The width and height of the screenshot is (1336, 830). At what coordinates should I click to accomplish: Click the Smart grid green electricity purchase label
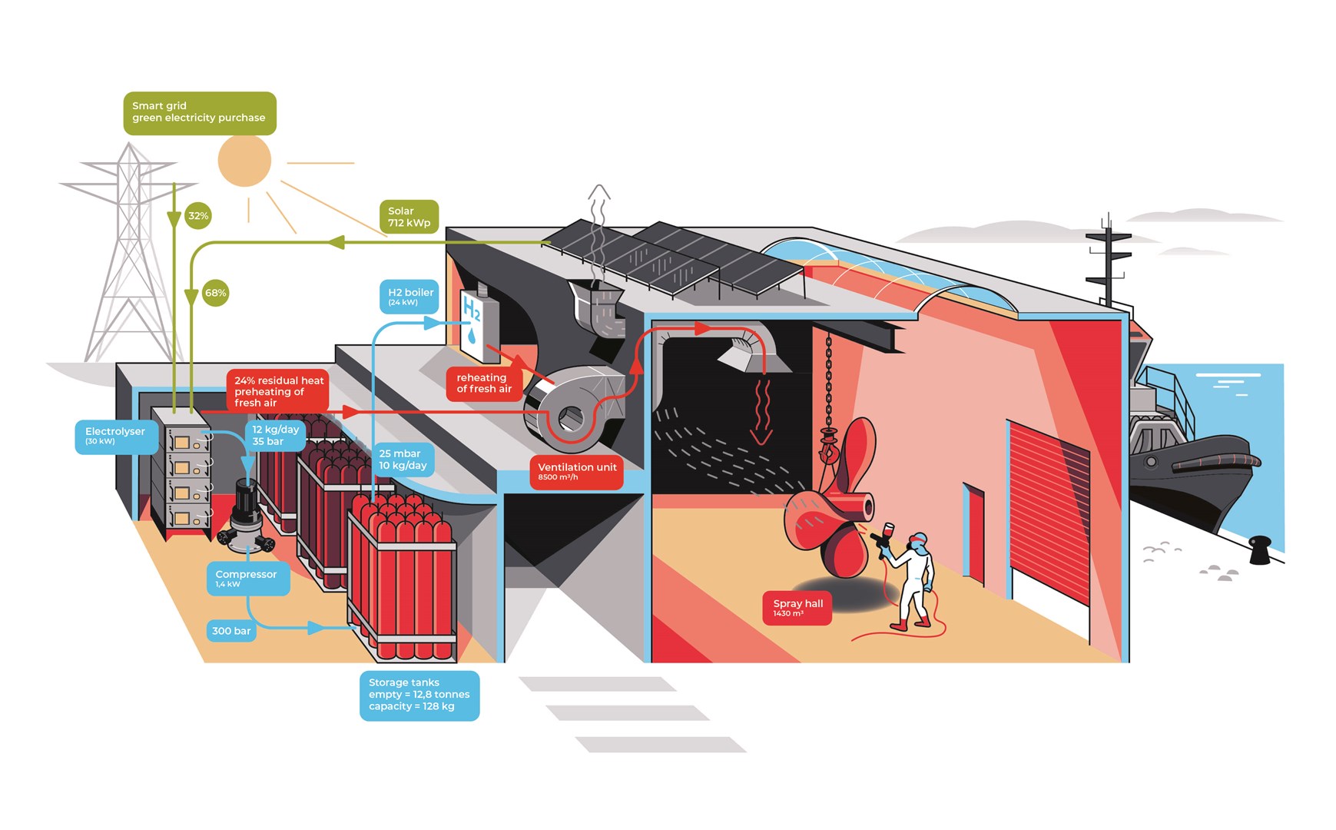[x=199, y=112]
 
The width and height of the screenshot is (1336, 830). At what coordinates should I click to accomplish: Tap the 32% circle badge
[x=198, y=216]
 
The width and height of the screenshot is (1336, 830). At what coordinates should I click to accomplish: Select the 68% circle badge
[x=215, y=293]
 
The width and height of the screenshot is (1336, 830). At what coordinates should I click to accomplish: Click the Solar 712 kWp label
[x=409, y=217]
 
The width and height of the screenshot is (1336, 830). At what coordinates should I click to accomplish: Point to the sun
[x=244, y=161]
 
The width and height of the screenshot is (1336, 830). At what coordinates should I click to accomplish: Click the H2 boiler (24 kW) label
[x=409, y=297]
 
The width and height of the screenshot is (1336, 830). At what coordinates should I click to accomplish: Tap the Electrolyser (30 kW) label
[x=116, y=436]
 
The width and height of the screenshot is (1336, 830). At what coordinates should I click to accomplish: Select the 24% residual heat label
[x=278, y=391]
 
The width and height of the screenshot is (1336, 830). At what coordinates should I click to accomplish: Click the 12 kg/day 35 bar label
[x=275, y=435]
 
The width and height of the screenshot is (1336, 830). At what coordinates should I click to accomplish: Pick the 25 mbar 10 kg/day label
[x=403, y=460]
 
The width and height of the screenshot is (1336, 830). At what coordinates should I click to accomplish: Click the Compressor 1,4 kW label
[x=247, y=578]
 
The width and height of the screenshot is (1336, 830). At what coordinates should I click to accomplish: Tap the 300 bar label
[x=231, y=631]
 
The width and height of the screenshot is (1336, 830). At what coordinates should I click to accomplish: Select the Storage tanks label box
[x=419, y=695]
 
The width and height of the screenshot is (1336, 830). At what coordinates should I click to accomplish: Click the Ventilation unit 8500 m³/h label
[x=576, y=471]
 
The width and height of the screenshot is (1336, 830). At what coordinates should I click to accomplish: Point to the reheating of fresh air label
[x=484, y=383]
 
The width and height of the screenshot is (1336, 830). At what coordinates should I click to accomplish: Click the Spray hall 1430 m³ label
[x=797, y=607]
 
